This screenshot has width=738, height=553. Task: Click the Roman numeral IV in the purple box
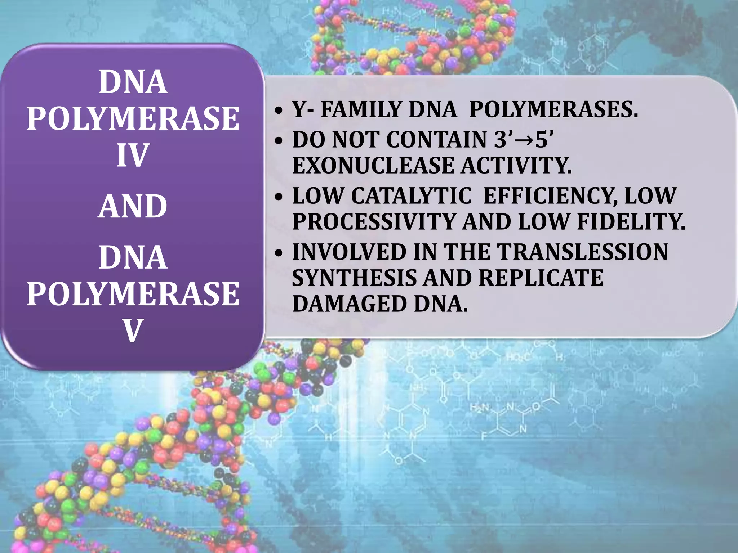click(x=133, y=155)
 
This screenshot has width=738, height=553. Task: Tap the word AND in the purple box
click(x=133, y=206)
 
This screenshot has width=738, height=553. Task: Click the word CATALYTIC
click(x=411, y=196)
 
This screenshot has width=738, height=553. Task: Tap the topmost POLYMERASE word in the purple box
click(x=133, y=118)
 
